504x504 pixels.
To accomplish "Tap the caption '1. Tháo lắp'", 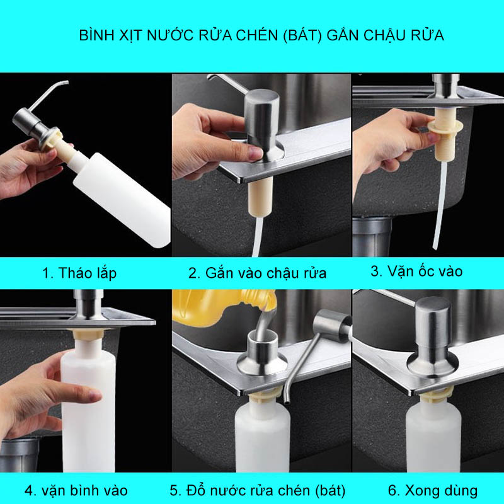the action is click(x=79, y=273).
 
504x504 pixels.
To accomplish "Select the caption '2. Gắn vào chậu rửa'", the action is click(x=258, y=273).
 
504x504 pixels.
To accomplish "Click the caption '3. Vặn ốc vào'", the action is click(x=416, y=272).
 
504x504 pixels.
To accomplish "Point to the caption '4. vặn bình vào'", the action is click(x=76, y=491).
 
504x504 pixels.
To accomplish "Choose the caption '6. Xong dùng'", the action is click(x=433, y=491).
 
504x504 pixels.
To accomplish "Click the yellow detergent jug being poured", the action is click(x=222, y=306).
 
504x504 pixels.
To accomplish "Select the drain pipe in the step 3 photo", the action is click(x=372, y=237).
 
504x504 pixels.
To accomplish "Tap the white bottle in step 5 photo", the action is click(x=263, y=437).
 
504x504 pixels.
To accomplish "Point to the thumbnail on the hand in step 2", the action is click(x=256, y=154).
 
